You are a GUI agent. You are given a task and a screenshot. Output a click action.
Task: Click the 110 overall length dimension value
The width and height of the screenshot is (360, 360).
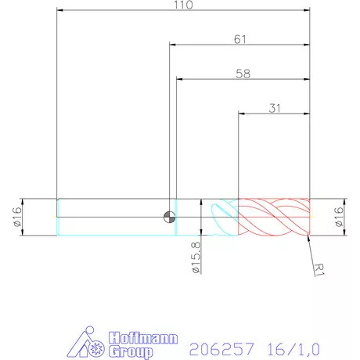point(184,5)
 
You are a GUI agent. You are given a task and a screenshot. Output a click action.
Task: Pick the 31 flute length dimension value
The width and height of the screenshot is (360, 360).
point(275,109)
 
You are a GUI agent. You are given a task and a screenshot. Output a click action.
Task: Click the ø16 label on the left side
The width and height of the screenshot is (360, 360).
point(16,217)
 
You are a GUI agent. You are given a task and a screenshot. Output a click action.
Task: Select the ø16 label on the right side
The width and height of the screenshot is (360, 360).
point(339,217)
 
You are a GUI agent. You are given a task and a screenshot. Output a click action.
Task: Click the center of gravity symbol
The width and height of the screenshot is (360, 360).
point(169,217)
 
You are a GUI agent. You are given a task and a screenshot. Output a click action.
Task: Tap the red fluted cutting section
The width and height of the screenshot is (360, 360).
point(274,217)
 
